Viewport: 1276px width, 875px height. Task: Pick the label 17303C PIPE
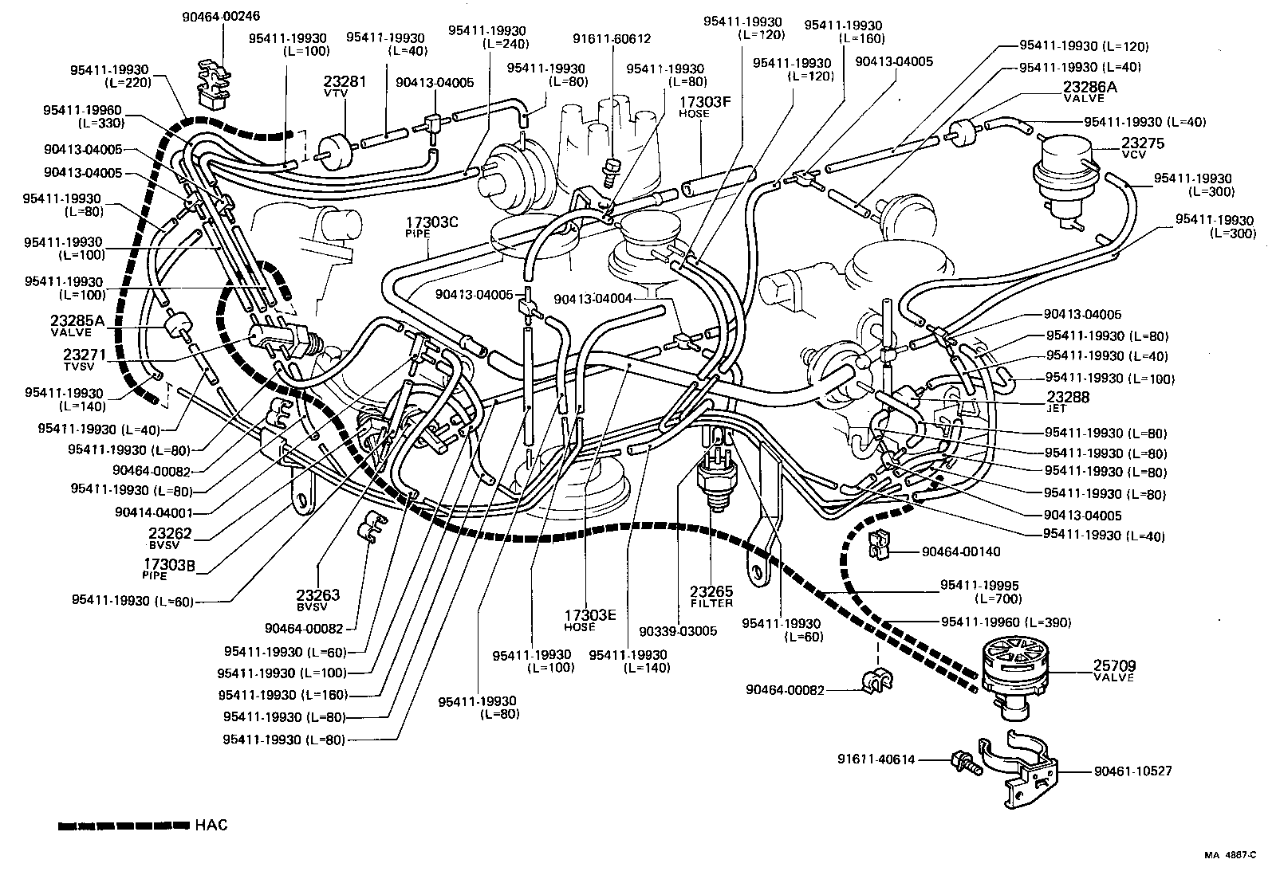pyautogui.click(x=431, y=226)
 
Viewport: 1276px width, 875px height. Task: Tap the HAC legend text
pyautogui.click(x=211, y=825)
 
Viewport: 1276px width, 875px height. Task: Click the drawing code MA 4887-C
pyautogui.click(x=1229, y=855)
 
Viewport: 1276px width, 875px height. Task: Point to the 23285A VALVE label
pyautogui.click(x=77, y=325)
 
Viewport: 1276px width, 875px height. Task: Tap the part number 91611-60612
pyautogui.click(x=612, y=38)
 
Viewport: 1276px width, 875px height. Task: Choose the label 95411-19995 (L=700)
pyautogui.click(x=979, y=591)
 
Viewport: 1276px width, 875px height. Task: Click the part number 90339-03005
pyautogui.click(x=677, y=631)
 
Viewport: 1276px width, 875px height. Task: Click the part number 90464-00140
pyautogui.click(x=960, y=551)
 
